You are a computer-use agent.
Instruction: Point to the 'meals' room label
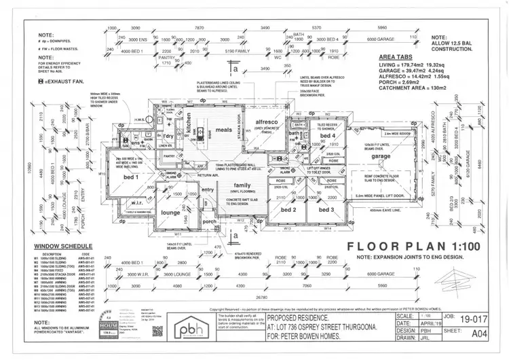[223, 130]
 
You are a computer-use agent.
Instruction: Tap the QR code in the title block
[157, 331]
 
